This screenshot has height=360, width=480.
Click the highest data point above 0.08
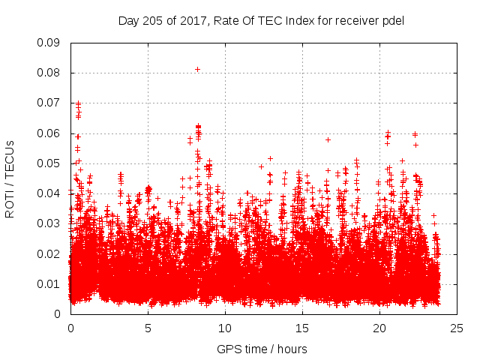tap(197, 69)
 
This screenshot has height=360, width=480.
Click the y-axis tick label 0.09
tap(49, 43)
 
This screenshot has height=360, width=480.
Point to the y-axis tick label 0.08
tap(49, 73)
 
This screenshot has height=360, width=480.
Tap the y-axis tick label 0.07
tap(49, 103)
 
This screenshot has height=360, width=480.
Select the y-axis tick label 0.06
tap(49, 133)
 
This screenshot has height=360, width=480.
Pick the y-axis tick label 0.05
tap(49, 163)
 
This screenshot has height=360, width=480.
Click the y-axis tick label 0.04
tap(49, 193)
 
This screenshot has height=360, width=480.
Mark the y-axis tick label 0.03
tap(49, 223)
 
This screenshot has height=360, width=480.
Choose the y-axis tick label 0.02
tap(49, 253)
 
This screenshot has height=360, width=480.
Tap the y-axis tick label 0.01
tap(49, 283)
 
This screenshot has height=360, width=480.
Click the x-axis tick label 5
tap(148, 328)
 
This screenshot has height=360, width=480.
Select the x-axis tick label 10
tap(225, 328)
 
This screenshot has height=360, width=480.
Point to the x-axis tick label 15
tap(302, 328)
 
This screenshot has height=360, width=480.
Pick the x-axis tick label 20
tap(379, 328)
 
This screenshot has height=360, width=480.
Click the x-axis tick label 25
tap(457, 328)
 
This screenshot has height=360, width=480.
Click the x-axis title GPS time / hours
tap(262, 349)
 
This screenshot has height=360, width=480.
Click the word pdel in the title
tap(393, 20)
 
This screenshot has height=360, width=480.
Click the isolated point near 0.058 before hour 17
tap(328, 139)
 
